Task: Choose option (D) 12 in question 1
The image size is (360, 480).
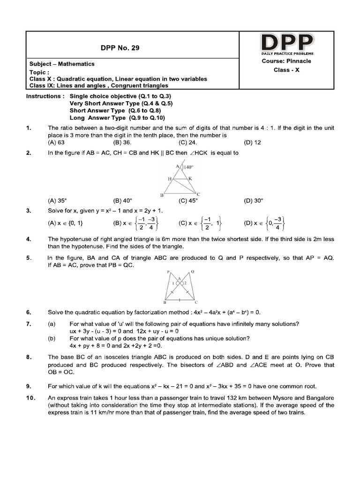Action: click(253, 142)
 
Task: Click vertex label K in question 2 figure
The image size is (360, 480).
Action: click(190, 179)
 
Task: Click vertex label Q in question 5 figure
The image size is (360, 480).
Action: click(192, 271)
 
